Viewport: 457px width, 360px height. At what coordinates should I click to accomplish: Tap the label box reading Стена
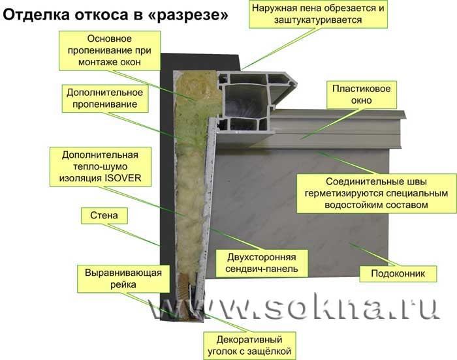(104, 216)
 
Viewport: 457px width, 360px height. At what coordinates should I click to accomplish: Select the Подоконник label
(398, 273)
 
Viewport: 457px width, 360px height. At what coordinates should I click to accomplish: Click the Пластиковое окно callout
(362, 95)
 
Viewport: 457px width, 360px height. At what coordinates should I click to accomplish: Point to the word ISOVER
(123, 178)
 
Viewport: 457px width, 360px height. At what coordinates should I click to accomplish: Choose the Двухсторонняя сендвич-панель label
(262, 263)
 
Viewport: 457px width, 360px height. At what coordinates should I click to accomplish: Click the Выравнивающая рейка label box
(123, 278)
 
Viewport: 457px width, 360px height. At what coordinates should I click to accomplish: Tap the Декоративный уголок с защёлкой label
(249, 346)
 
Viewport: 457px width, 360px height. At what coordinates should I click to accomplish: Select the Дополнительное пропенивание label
(105, 98)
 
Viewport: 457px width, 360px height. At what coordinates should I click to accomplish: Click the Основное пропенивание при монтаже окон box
(110, 51)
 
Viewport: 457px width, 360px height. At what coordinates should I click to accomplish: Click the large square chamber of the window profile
(247, 101)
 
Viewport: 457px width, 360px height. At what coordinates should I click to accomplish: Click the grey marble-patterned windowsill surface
(300, 213)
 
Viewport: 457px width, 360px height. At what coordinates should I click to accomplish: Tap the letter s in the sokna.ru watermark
(276, 308)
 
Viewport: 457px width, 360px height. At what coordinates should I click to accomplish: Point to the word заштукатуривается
(318, 20)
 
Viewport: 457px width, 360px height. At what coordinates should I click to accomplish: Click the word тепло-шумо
(101, 166)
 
